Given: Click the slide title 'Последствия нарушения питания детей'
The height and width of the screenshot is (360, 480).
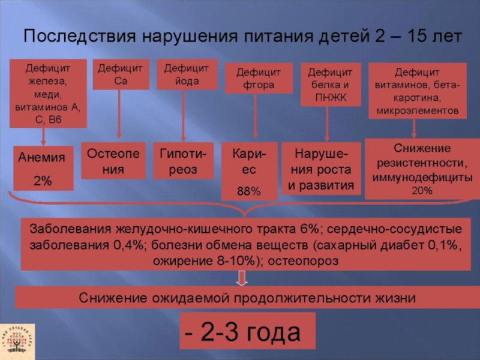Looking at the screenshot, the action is click(x=242, y=37).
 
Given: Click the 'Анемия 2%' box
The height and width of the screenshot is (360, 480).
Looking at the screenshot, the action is click(x=42, y=168).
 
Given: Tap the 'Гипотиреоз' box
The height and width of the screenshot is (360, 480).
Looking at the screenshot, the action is click(x=183, y=161).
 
